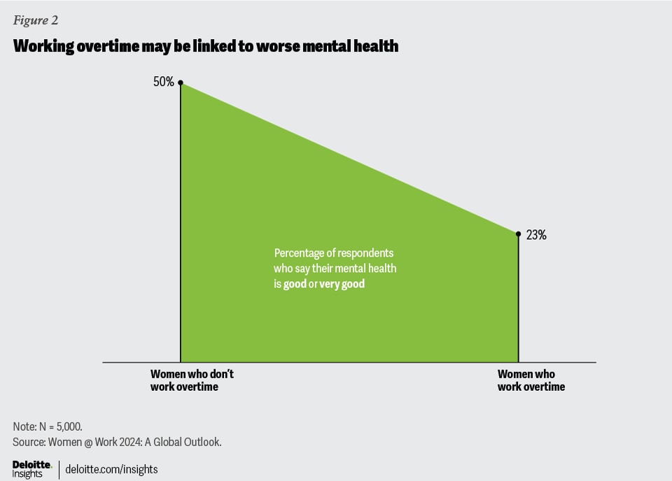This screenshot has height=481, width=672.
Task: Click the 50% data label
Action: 163,82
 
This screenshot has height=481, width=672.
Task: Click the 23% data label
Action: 536,236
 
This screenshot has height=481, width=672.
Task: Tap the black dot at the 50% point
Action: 181,82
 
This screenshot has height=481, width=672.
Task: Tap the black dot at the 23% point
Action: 518,234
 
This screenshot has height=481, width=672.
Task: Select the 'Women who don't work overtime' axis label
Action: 192,380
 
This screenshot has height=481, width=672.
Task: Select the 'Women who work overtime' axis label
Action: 531,380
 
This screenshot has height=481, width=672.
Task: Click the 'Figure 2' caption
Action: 36,20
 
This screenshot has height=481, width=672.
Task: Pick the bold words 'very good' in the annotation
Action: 342,285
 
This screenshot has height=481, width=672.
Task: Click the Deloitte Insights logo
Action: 31,468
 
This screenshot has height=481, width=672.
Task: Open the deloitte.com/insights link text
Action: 111,469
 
